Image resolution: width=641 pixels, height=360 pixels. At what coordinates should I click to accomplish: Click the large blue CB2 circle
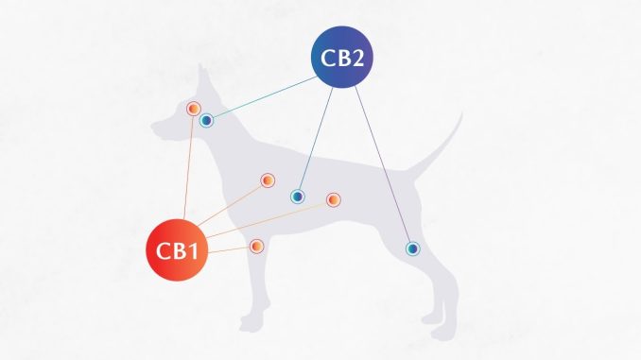341,57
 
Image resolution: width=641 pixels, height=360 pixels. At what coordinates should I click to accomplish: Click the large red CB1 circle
177,250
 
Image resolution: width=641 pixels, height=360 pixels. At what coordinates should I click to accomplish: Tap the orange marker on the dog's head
194,109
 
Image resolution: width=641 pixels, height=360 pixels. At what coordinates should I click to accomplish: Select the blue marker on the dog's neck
207,121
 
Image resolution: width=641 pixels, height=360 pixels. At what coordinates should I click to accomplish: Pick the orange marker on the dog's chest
268,180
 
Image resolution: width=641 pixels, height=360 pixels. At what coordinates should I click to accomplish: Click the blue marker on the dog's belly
298,197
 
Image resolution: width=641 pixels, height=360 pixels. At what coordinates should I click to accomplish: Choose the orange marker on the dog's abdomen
334,199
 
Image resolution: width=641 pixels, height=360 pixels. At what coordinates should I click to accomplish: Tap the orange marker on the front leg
256,247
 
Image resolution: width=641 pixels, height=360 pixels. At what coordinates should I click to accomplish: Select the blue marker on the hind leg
413,249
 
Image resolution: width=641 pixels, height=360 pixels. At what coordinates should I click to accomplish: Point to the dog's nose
154,126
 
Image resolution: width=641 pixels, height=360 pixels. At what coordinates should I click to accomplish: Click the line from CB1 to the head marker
188,167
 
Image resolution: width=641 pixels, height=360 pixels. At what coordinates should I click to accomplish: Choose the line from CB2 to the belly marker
316,139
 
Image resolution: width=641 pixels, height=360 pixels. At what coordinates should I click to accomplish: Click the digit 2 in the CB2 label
356,58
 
